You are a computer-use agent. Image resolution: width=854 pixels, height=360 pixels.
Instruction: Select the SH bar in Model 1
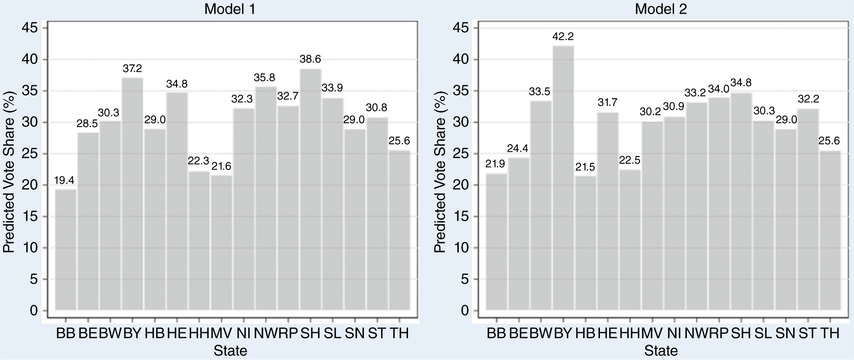[x=311, y=190]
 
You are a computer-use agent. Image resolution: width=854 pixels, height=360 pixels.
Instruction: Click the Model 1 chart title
[x=230, y=9]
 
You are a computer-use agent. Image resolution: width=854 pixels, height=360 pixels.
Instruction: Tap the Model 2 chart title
[x=661, y=9]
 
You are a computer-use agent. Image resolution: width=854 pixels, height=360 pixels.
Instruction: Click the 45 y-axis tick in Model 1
[x=34, y=28]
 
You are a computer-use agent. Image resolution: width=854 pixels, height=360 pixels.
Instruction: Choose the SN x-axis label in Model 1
[x=355, y=333]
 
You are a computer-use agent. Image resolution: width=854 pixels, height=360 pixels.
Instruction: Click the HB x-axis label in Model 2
[x=585, y=333]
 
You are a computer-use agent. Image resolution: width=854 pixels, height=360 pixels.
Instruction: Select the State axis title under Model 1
[x=230, y=351]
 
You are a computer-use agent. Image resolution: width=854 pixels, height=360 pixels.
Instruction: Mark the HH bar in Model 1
[x=199, y=241]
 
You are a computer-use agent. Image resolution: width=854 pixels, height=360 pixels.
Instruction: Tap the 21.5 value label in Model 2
[x=585, y=167]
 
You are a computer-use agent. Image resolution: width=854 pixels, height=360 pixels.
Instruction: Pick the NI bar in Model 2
[x=674, y=214]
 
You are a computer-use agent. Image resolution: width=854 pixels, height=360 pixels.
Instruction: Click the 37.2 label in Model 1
[x=132, y=68]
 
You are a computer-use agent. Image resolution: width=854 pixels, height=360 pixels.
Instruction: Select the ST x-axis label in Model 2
[x=808, y=333]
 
